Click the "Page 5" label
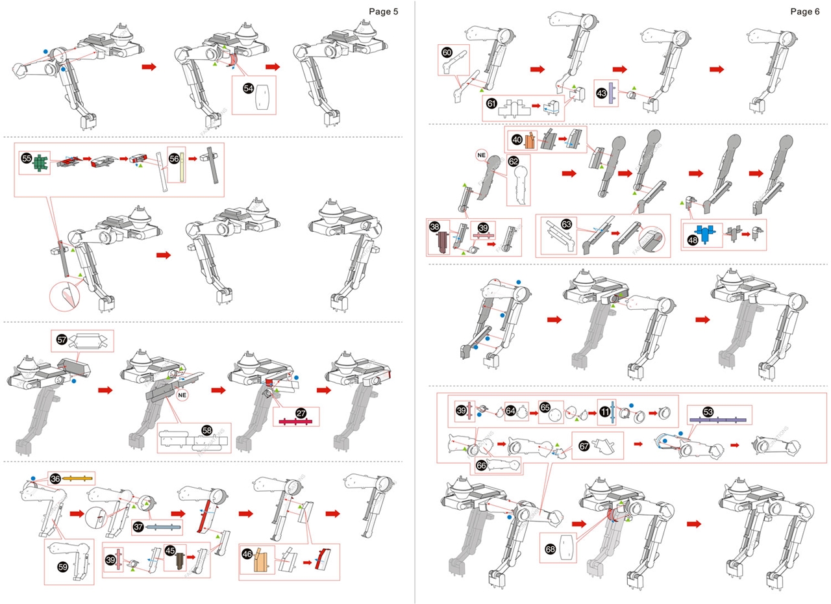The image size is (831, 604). tap(383, 11)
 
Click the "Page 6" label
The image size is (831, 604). tap(806, 11)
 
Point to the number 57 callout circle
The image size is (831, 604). tap(62, 340)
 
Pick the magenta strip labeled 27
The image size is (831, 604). tap(295, 422)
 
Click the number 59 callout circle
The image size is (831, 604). tap(56, 566)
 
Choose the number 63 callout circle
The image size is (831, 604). tap(567, 224)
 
